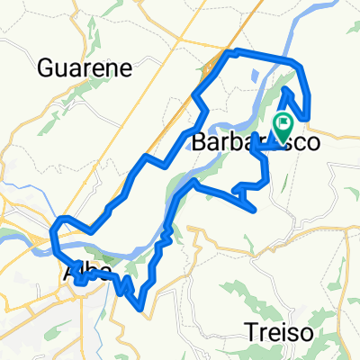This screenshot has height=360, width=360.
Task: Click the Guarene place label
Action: click(x=86, y=67)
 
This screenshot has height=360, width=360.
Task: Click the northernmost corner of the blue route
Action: click(x=233, y=51)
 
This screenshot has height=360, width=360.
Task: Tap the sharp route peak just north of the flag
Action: click(x=287, y=89)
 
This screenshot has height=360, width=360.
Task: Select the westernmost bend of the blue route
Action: click(x=55, y=236)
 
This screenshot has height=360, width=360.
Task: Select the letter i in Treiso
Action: click(x=281, y=332)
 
